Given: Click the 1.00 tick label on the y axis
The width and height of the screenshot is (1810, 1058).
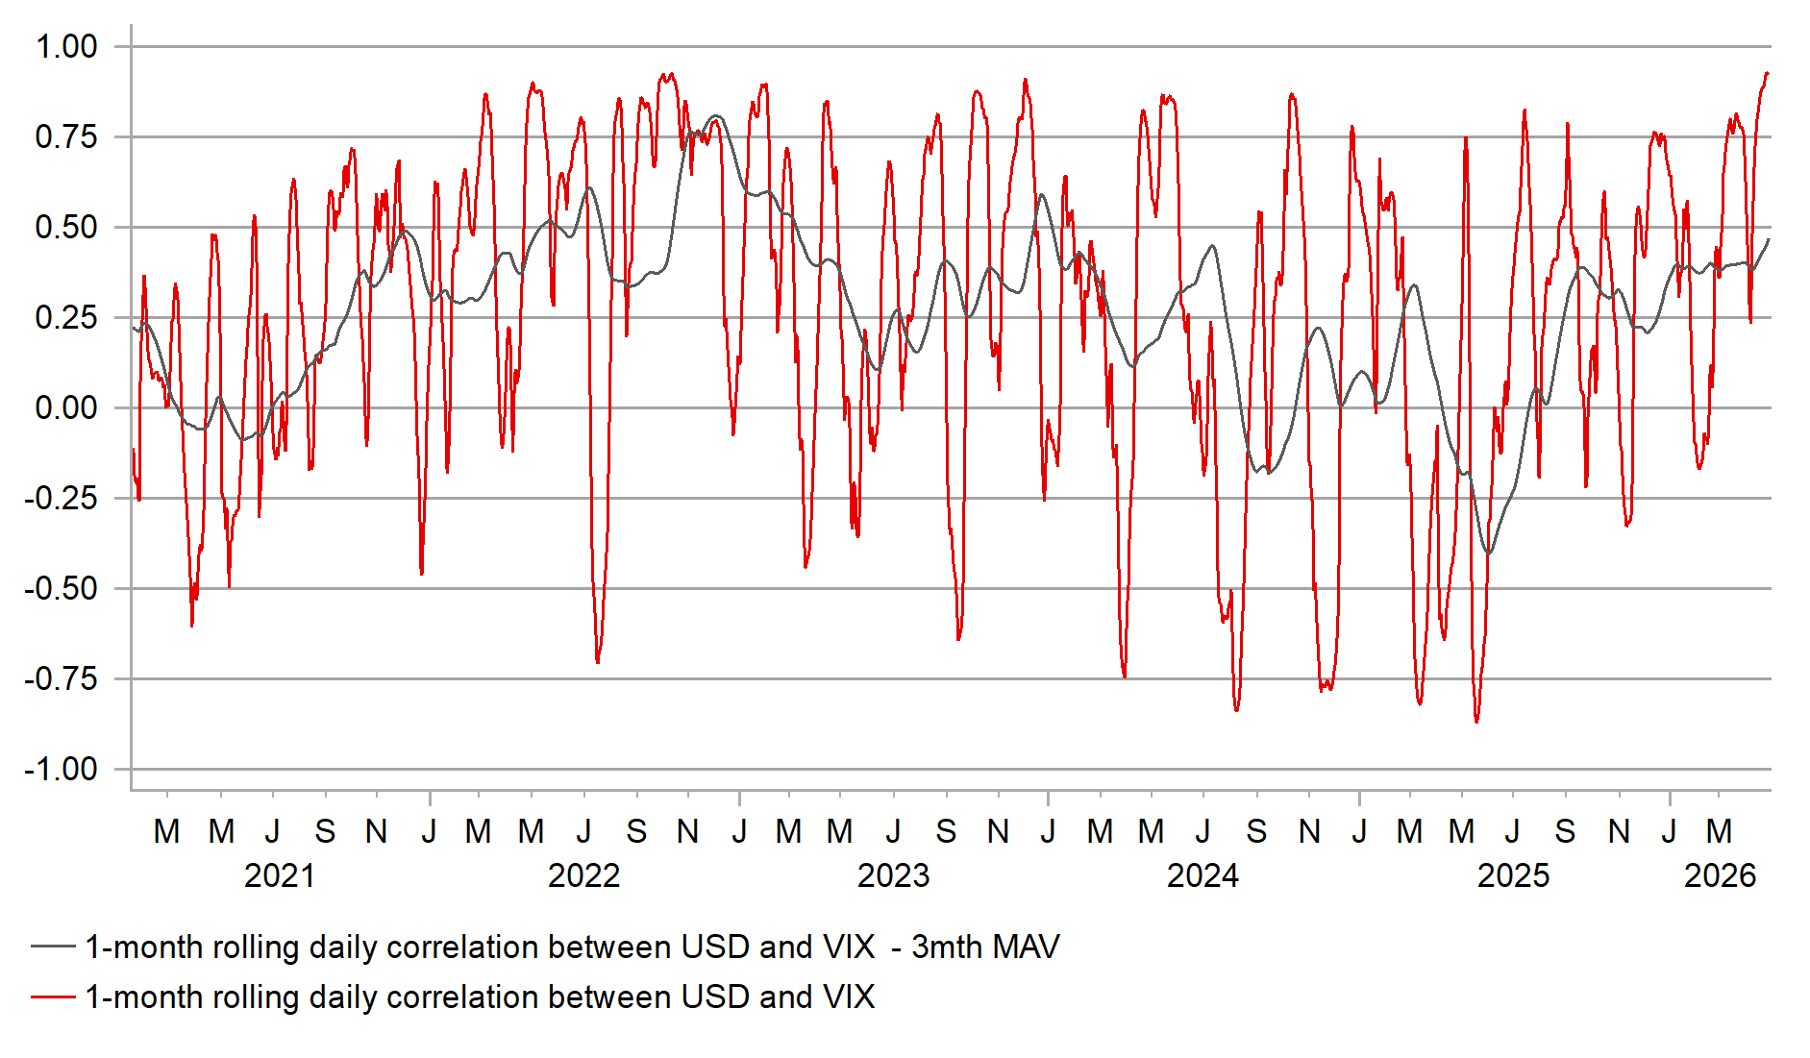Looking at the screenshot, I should pyautogui.click(x=66, y=46).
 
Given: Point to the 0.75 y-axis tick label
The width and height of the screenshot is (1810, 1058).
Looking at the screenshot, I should pyautogui.click(x=66, y=136).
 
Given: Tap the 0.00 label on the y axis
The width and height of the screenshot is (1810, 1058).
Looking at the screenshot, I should pyautogui.click(x=66, y=407).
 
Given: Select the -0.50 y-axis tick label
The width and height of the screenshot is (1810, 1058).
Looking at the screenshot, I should pyautogui.click(x=62, y=588).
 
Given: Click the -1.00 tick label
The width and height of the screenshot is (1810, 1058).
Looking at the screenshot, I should pyautogui.click(x=62, y=769).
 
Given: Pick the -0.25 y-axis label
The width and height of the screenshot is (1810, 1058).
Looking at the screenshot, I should pyautogui.click(x=62, y=498).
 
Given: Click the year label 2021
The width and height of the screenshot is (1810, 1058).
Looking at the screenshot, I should pyautogui.click(x=279, y=875).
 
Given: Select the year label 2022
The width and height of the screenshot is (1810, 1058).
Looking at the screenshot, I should pyautogui.click(x=583, y=875).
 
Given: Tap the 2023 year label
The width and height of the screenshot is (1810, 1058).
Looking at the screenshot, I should pyautogui.click(x=893, y=875).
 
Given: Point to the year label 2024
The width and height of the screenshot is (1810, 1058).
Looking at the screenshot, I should pyautogui.click(x=1203, y=875).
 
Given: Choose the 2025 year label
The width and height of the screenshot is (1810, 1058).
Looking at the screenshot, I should pyautogui.click(x=1513, y=875).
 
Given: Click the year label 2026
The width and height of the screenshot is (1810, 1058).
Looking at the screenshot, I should pyautogui.click(x=1720, y=875).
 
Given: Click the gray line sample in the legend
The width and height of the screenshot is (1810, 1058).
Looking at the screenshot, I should pyautogui.click(x=53, y=947).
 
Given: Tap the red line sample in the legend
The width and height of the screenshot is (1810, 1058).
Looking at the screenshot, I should pyautogui.click(x=53, y=996).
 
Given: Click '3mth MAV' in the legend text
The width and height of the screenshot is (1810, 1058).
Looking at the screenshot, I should pyautogui.click(x=985, y=947).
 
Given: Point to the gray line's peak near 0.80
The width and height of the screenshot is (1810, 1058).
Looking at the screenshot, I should pyautogui.click(x=715, y=116).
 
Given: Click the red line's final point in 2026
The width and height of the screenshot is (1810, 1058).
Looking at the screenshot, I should pyautogui.click(x=1768, y=73).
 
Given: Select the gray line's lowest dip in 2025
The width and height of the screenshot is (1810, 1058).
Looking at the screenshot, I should pyautogui.click(x=1489, y=554).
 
